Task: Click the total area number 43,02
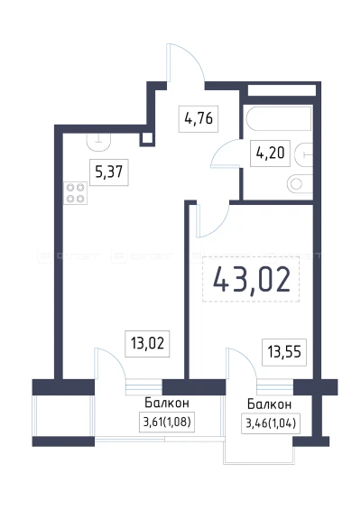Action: (x=252, y=280)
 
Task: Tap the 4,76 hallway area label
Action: (x=198, y=117)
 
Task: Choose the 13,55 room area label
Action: (x=281, y=349)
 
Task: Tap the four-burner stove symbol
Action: (x=76, y=193)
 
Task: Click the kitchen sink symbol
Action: (x=99, y=141)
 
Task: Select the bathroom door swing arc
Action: (x=226, y=156)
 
